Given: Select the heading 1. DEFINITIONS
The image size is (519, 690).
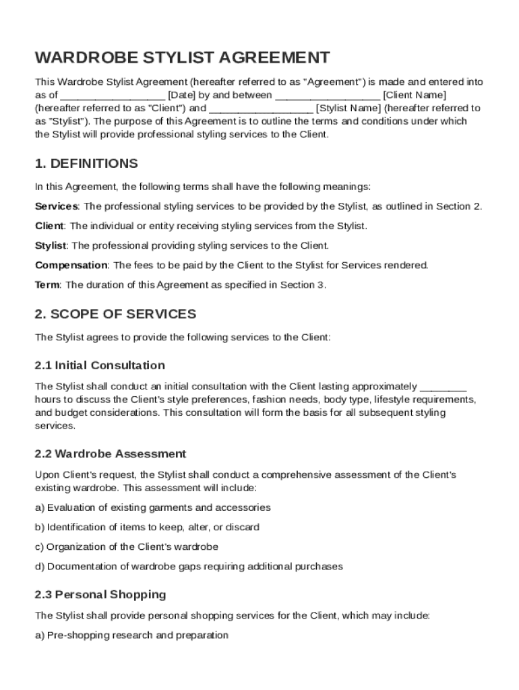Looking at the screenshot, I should pos(86,164).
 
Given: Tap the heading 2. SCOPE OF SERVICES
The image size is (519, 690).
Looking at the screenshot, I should pos(115,314).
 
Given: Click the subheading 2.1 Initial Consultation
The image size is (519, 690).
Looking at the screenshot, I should pos(100,365).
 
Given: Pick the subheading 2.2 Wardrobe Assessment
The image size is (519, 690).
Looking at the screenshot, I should pos(111,453).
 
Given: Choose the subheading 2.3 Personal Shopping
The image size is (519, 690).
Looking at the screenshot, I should pos(100,594).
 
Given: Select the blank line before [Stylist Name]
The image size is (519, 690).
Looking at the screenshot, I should pos(261,108).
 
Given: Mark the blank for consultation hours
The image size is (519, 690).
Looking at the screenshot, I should pos(443,386).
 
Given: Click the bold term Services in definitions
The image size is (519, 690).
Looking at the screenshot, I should pos(57,206).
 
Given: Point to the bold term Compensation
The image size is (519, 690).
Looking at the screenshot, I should pos(71,265).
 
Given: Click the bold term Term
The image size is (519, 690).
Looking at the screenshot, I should pos(47,284).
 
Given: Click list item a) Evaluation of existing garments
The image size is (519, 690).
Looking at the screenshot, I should pos(153,507).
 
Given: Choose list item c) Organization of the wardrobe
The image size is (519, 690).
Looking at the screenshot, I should pos(127,546).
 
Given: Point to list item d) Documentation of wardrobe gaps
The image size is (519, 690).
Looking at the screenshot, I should pos(189,566).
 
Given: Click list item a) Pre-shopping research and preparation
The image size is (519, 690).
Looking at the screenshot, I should pos(131,635).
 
